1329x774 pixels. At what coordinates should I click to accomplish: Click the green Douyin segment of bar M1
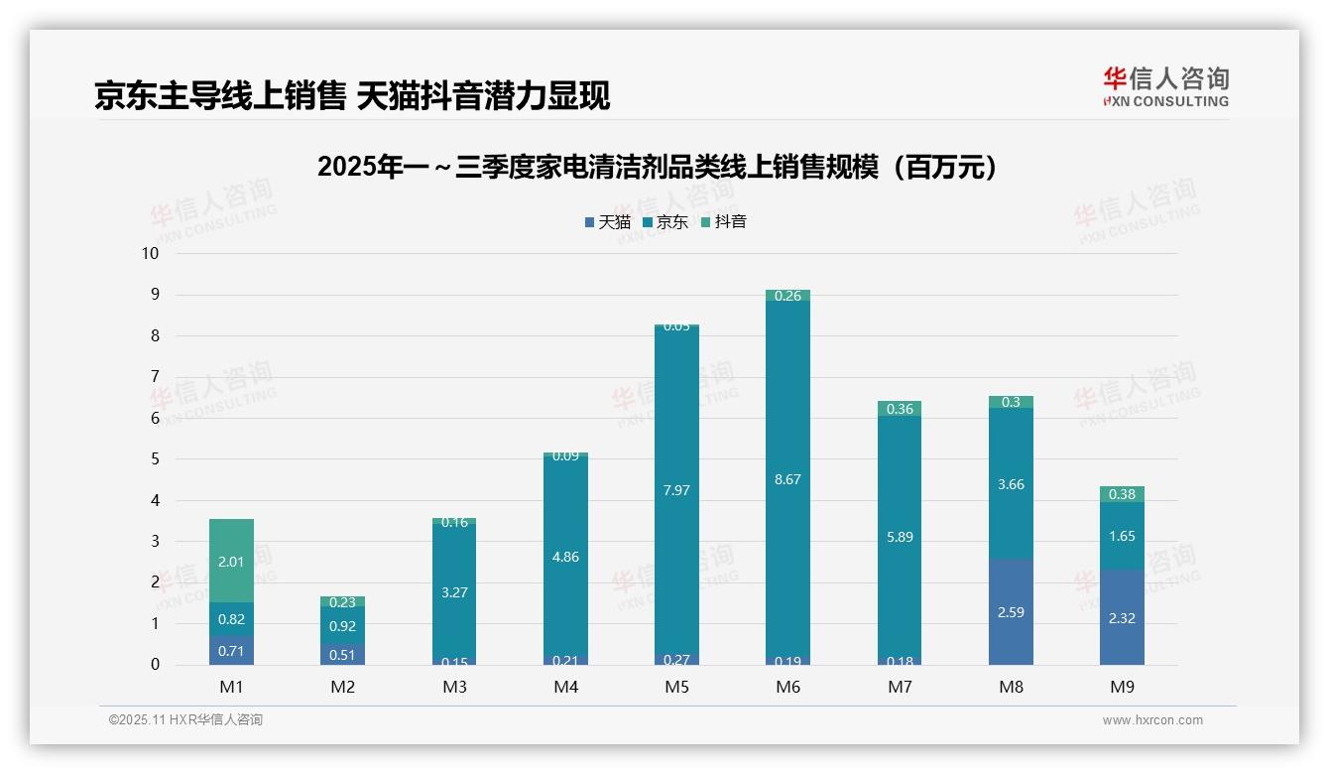[231, 561]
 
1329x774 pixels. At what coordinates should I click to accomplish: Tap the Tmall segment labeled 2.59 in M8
[1011, 612]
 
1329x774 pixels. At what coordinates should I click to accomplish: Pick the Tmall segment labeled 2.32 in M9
[1122, 617]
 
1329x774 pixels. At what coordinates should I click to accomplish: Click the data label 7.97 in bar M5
[676, 489]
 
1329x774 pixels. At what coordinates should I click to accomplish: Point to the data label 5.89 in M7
[900, 537]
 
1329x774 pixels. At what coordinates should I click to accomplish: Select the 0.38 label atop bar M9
[1122, 494]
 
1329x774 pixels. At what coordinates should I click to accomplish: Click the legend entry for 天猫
[607, 222]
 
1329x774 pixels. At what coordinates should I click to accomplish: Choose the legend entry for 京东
[665, 222]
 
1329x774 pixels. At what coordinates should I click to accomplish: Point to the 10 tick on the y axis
[150, 253]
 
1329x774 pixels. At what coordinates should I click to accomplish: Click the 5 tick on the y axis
[154, 459]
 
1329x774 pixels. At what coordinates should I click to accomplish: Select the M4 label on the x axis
[565, 687]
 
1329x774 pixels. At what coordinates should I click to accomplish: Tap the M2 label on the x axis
[342, 687]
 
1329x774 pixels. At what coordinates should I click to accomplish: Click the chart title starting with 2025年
[657, 168]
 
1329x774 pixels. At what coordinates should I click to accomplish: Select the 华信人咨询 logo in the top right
[1165, 86]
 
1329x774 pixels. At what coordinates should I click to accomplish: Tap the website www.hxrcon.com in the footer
[1151, 720]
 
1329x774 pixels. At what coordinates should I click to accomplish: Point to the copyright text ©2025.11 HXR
[185, 720]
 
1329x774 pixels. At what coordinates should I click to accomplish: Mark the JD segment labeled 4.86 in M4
[565, 557]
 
